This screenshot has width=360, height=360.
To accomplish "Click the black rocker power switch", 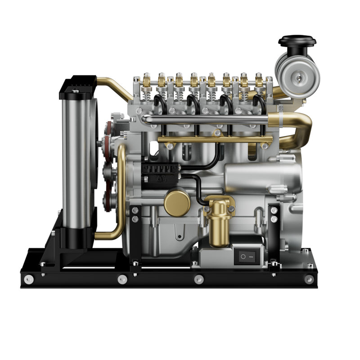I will [245, 256].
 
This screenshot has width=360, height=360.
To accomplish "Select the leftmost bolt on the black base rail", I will [29, 279].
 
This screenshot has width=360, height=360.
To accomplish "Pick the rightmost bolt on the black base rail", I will [309, 279].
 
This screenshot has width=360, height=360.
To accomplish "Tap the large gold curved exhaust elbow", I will [295, 128].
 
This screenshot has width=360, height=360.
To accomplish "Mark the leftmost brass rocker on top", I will [146, 81].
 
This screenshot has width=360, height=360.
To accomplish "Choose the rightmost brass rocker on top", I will [260, 81].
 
